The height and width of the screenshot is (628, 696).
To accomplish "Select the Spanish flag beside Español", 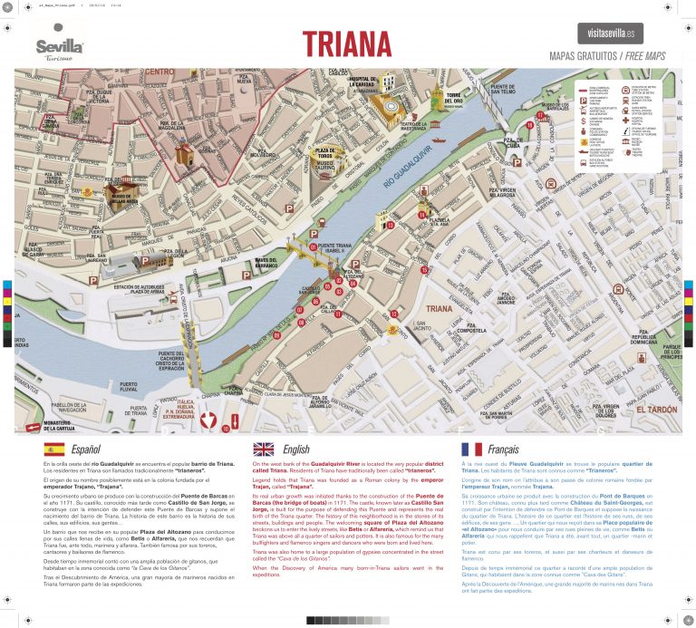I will click(53, 449).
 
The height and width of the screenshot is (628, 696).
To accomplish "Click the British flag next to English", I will click(263, 449).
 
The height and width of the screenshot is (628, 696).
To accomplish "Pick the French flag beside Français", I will click(471, 449).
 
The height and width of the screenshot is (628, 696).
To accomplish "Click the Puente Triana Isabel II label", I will click(335, 249).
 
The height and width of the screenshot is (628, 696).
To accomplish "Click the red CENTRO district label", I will click(159, 72).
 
